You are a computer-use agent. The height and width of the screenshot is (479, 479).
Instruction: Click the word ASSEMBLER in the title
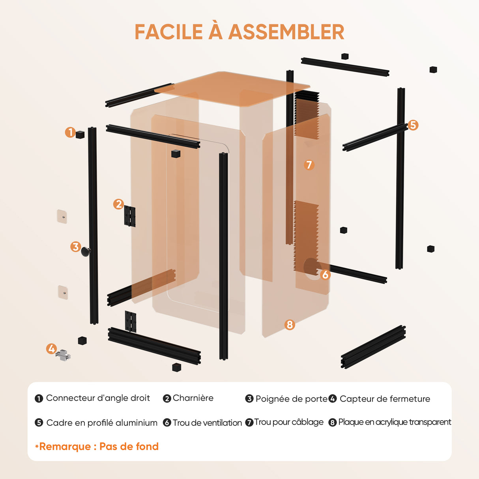pyautogui.click(x=286, y=32)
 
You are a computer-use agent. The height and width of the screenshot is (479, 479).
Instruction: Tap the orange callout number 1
pyautogui.click(x=70, y=132)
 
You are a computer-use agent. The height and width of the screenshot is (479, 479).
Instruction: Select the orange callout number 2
pyautogui.click(x=119, y=204)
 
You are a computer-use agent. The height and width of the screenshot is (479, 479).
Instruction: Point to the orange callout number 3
pyautogui.click(x=76, y=247)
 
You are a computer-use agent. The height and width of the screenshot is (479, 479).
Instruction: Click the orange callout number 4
pyautogui.click(x=51, y=349)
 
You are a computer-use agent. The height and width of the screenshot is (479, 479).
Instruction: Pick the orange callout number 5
pyautogui.click(x=413, y=125)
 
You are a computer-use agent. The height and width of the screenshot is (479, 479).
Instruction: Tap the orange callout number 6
pyautogui.click(x=325, y=275)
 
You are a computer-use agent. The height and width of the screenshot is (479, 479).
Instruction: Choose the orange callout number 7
pyautogui.click(x=309, y=165)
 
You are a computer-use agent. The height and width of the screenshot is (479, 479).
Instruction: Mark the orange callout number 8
pyautogui.click(x=290, y=325)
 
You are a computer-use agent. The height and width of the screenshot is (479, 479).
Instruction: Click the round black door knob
pyautogui.click(x=86, y=252)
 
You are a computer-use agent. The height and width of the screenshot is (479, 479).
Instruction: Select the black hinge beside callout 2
pyautogui.click(x=130, y=216)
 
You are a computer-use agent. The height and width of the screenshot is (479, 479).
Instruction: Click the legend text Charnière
pyautogui.click(x=193, y=398)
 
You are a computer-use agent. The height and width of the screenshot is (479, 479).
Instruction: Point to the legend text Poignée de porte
pyautogui.click(x=292, y=399)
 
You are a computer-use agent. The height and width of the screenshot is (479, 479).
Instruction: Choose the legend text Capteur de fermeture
pyautogui.click(x=385, y=399)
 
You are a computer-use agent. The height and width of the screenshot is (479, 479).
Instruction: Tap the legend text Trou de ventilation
pyautogui.click(x=207, y=423)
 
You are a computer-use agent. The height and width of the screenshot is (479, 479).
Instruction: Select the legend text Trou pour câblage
pyautogui.click(x=289, y=422)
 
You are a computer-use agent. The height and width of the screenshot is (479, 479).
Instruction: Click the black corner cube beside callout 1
pyautogui.click(x=80, y=135)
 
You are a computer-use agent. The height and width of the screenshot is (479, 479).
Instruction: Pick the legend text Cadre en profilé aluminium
pyautogui.click(x=102, y=423)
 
